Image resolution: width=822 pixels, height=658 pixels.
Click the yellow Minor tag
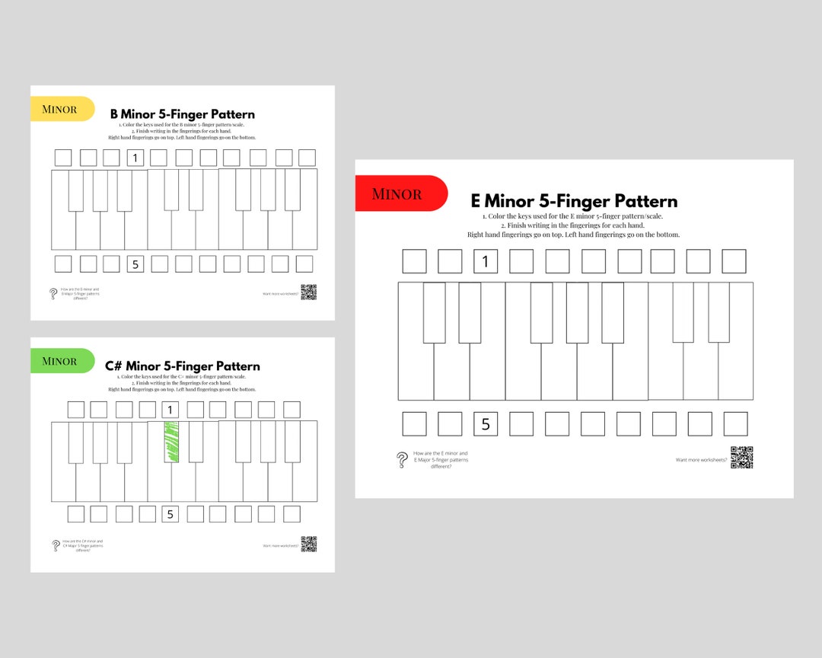[x=61, y=109]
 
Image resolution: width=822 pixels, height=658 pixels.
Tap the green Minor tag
[x=61, y=361]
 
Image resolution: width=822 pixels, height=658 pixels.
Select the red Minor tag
[x=399, y=194]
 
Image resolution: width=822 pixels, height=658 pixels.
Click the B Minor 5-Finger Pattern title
[x=183, y=114]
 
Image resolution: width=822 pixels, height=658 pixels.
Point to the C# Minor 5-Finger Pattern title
[x=183, y=366]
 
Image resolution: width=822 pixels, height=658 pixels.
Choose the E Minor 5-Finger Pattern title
[x=574, y=201]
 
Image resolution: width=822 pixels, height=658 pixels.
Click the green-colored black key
[x=171, y=442]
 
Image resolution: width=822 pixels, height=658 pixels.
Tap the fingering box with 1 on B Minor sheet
[x=135, y=158]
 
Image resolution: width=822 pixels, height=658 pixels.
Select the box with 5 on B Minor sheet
[x=135, y=264]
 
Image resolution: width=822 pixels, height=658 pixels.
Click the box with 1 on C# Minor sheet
[x=170, y=410]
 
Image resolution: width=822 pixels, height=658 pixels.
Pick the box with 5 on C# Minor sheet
[x=170, y=514]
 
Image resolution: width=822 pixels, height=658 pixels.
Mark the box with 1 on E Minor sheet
[x=486, y=261]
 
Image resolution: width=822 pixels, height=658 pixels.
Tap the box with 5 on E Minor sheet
[x=486, y=424]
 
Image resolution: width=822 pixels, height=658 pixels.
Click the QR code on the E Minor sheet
[x=741, y=458]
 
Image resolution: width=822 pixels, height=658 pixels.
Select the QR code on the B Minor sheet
[x=308, y=292]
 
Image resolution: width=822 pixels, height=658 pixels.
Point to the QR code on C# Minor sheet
[x=308, y=544]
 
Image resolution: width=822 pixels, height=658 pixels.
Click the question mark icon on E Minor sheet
[x=402, y=460]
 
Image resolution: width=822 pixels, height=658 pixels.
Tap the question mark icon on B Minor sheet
[x=53, y=293]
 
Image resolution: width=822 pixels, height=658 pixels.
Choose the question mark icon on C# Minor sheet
[x=56, y=545]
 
